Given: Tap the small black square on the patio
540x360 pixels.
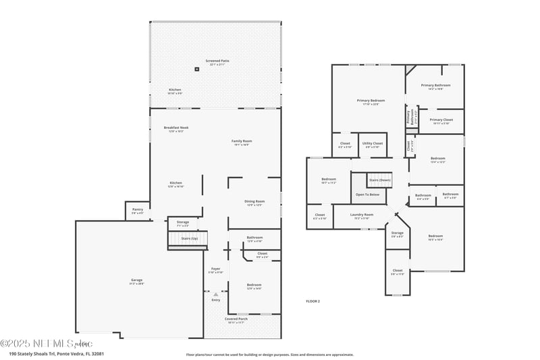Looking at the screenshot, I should (x=197, y=68).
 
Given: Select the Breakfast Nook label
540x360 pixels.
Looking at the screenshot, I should (x=175, y=128).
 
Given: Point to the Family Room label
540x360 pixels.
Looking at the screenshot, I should (x=242, y=141).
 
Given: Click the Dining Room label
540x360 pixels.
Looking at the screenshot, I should (x=254, y=201).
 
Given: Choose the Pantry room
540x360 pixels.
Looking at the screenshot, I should (x=138, y=210).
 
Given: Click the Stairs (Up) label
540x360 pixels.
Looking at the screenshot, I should (x=190, y=238).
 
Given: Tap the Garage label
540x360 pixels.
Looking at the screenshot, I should (x=137, y=280).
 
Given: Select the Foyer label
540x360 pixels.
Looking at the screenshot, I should (x=216, y=269).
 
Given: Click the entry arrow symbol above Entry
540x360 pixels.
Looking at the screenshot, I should (x=216, y=294).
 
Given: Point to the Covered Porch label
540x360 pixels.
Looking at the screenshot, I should (x=236, y=319).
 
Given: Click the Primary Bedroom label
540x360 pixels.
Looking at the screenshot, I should (x=371, y=101).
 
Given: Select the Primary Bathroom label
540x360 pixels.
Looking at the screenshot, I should (x=435, y=85).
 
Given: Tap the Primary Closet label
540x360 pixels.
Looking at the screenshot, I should (x=441, y=120).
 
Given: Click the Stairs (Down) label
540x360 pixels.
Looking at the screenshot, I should (x=379, y=180).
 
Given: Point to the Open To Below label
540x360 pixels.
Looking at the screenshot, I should (x=368, y=195).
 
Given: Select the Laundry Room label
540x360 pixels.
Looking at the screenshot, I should (x=362, y=215).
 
